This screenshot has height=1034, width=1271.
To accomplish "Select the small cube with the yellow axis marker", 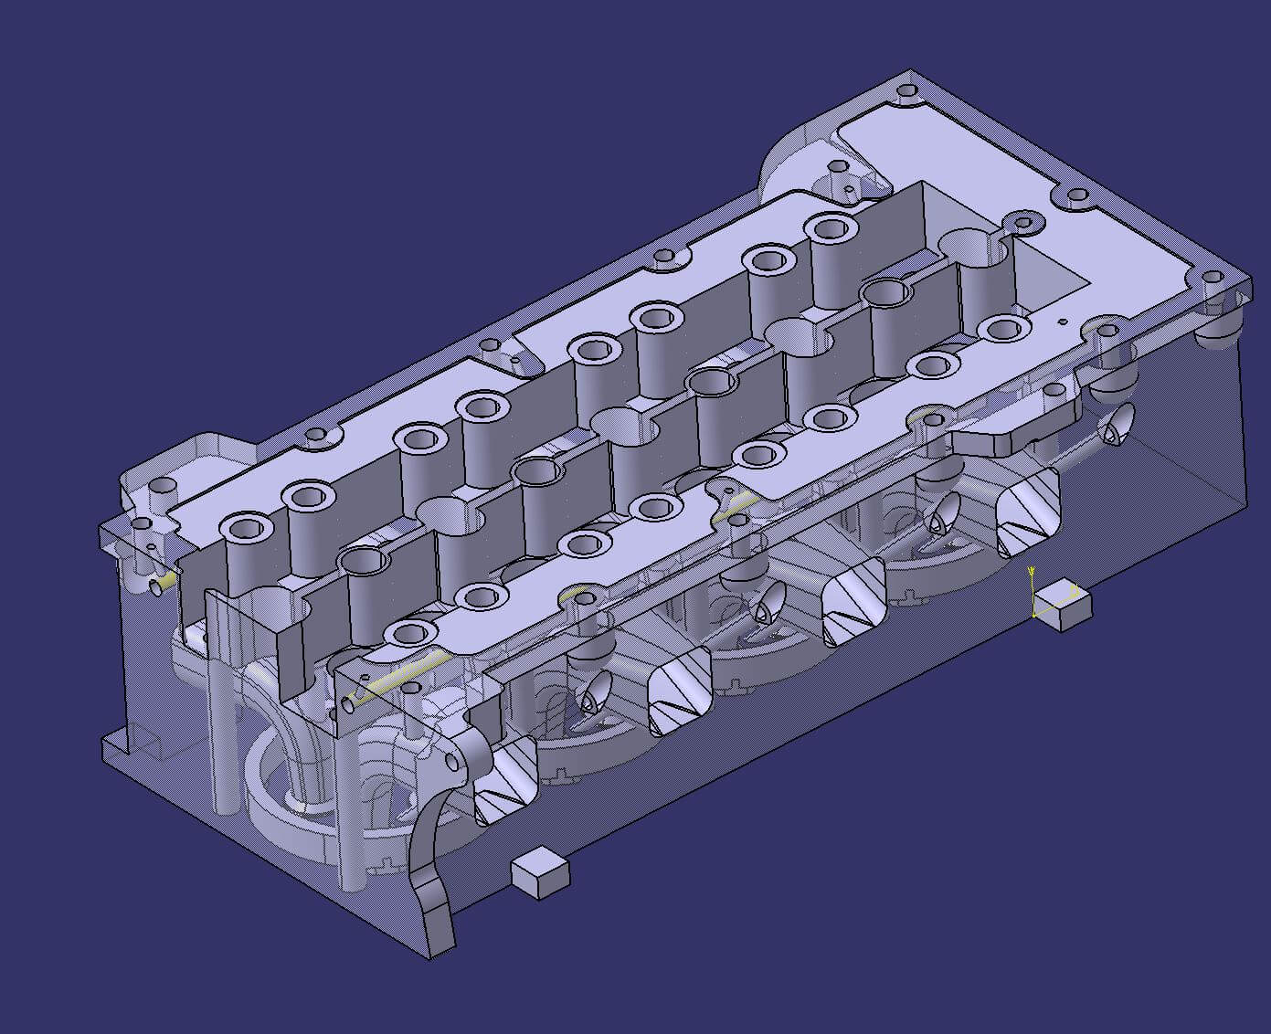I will point(1061,606).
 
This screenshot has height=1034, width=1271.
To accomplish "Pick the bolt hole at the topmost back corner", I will point(906,91).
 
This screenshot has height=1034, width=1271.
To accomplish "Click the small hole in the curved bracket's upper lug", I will point(453,761).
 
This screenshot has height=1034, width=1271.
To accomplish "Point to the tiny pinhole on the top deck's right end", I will point(1063,322).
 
